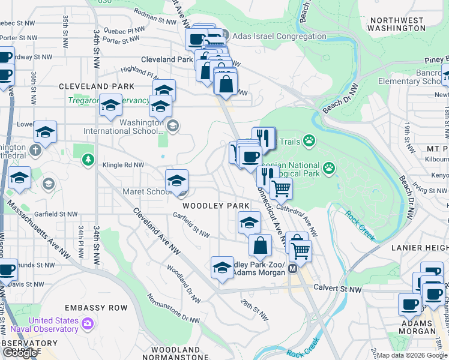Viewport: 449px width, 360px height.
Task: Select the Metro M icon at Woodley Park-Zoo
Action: click(x=292, y=269)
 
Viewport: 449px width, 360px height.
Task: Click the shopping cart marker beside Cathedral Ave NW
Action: click(x=281, y=189)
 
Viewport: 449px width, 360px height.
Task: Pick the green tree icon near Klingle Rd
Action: click(x=88, y=159)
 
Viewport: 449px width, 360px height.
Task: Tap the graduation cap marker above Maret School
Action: click(x=176, y=180)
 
